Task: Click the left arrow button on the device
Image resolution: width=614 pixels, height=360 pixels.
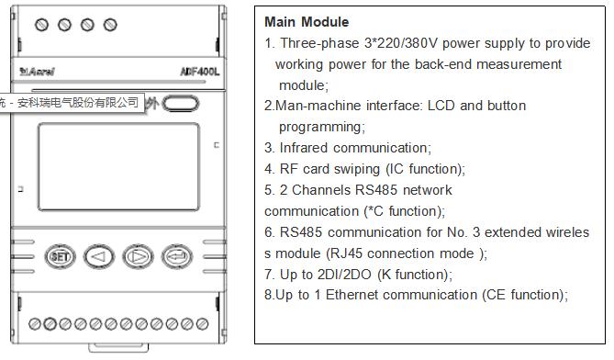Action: [99, 256]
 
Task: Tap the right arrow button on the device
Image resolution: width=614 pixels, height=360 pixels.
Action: [138, 256]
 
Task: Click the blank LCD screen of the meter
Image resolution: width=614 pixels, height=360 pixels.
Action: [118, 167]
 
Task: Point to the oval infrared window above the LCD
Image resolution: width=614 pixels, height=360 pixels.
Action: [181, 104]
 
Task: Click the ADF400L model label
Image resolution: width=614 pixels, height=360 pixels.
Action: [200, 72]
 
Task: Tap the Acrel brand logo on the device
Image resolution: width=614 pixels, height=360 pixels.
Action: [38, 72]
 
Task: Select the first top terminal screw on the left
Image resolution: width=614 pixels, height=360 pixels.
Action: [41, 25]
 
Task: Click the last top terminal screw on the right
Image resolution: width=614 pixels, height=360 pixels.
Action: [110, 25]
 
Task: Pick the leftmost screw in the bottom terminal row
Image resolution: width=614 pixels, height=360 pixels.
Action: [35, 324]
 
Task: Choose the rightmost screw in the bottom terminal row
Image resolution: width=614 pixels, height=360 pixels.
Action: [202, 324]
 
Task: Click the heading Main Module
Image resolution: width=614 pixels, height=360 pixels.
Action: [307, 22]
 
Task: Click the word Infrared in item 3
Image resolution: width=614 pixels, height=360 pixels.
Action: [304, 148]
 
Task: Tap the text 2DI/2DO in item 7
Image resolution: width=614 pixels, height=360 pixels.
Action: [344, 275]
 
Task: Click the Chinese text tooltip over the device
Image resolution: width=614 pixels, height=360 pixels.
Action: [73, 103]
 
